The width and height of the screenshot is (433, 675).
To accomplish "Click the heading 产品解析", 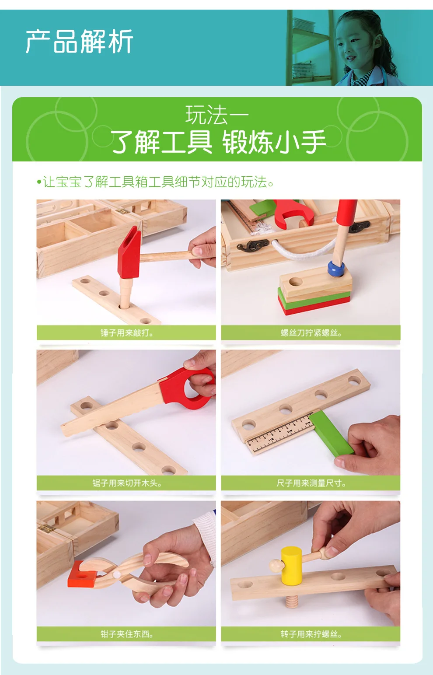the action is tap(79, 42).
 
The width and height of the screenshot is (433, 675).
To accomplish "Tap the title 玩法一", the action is tap(216, 115).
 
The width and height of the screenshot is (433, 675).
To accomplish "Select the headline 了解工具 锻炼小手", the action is tap(218, 142).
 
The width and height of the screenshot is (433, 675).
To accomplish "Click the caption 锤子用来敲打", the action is tap(127, 333).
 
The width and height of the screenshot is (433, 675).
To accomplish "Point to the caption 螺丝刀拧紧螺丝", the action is tap(311, 333).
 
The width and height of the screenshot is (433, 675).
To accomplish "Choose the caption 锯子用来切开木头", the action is tap(127, 483).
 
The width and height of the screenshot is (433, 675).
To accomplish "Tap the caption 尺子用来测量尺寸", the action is tap(311, 483).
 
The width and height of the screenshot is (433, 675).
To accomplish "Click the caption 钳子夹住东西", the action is tap(127, 634).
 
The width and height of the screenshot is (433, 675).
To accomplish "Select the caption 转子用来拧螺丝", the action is tap(311, 634).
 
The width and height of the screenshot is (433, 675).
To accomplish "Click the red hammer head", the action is tap(129, 253).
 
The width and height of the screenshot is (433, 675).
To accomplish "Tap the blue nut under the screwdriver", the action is tap(335, 269).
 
